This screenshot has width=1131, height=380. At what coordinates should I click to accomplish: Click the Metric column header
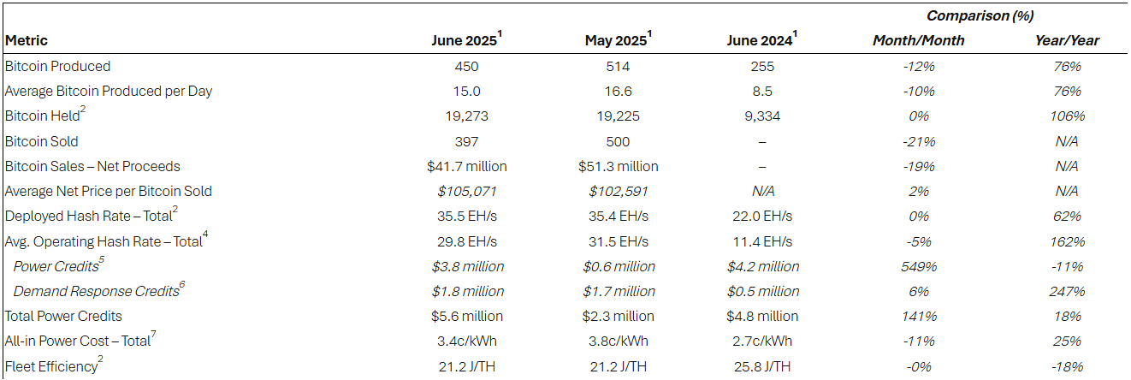(x=27, y=40)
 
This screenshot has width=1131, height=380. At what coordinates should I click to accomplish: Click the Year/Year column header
(x=1067, y=40)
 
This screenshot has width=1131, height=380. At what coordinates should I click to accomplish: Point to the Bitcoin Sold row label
(x=42, y=141)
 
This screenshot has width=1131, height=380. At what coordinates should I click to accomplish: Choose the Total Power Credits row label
(x=63, y=316)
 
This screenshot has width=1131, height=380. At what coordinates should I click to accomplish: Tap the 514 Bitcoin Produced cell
(x=617, y=66)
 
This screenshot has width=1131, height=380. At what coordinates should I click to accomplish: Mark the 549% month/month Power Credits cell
(x=918, y=266)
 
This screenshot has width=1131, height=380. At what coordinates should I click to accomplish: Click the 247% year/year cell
(x=1067, y=291)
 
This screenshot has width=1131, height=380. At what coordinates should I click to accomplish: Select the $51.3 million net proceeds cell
(x=617, y=166)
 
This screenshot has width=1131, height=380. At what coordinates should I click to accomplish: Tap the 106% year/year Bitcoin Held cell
(x=1067, y=116)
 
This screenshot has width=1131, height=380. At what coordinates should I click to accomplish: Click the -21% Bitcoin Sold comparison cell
(x=918, y=141)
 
